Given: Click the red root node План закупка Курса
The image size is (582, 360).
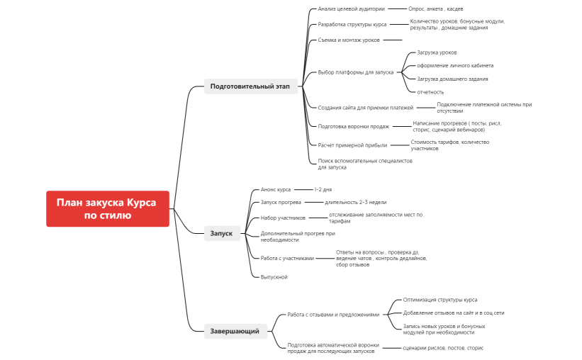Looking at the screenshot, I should click(108, 208).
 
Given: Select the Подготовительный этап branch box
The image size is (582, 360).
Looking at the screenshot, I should click(250, 86).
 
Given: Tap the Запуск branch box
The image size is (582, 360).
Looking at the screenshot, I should click(220, 233).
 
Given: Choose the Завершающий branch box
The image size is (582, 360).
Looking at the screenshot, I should click(235, 330).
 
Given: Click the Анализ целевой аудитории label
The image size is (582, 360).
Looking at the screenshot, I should click(352, 9).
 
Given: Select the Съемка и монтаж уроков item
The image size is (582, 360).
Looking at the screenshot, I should click(349, 40).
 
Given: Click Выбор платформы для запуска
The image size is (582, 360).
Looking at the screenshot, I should click(356, 72).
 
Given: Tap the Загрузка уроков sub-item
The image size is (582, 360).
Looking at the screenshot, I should click(437, 52).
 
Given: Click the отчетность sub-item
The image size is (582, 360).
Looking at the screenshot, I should click(431, 91).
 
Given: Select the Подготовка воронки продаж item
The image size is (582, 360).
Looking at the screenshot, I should click(354, 126).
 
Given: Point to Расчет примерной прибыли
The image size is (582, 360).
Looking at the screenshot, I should click(352, 145).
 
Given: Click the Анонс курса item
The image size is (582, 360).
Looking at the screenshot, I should click(276, 189).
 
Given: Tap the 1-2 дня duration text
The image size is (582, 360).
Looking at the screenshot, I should click(323, 189).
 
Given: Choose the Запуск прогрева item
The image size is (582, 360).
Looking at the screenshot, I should click(281, 202).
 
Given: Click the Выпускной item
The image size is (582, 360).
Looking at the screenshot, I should click(274, 276).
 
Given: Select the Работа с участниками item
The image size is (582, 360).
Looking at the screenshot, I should click(287, 258).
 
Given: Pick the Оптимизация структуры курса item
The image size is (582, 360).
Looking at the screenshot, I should click(440, 300).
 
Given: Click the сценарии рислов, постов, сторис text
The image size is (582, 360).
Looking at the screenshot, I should click(443, 348).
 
